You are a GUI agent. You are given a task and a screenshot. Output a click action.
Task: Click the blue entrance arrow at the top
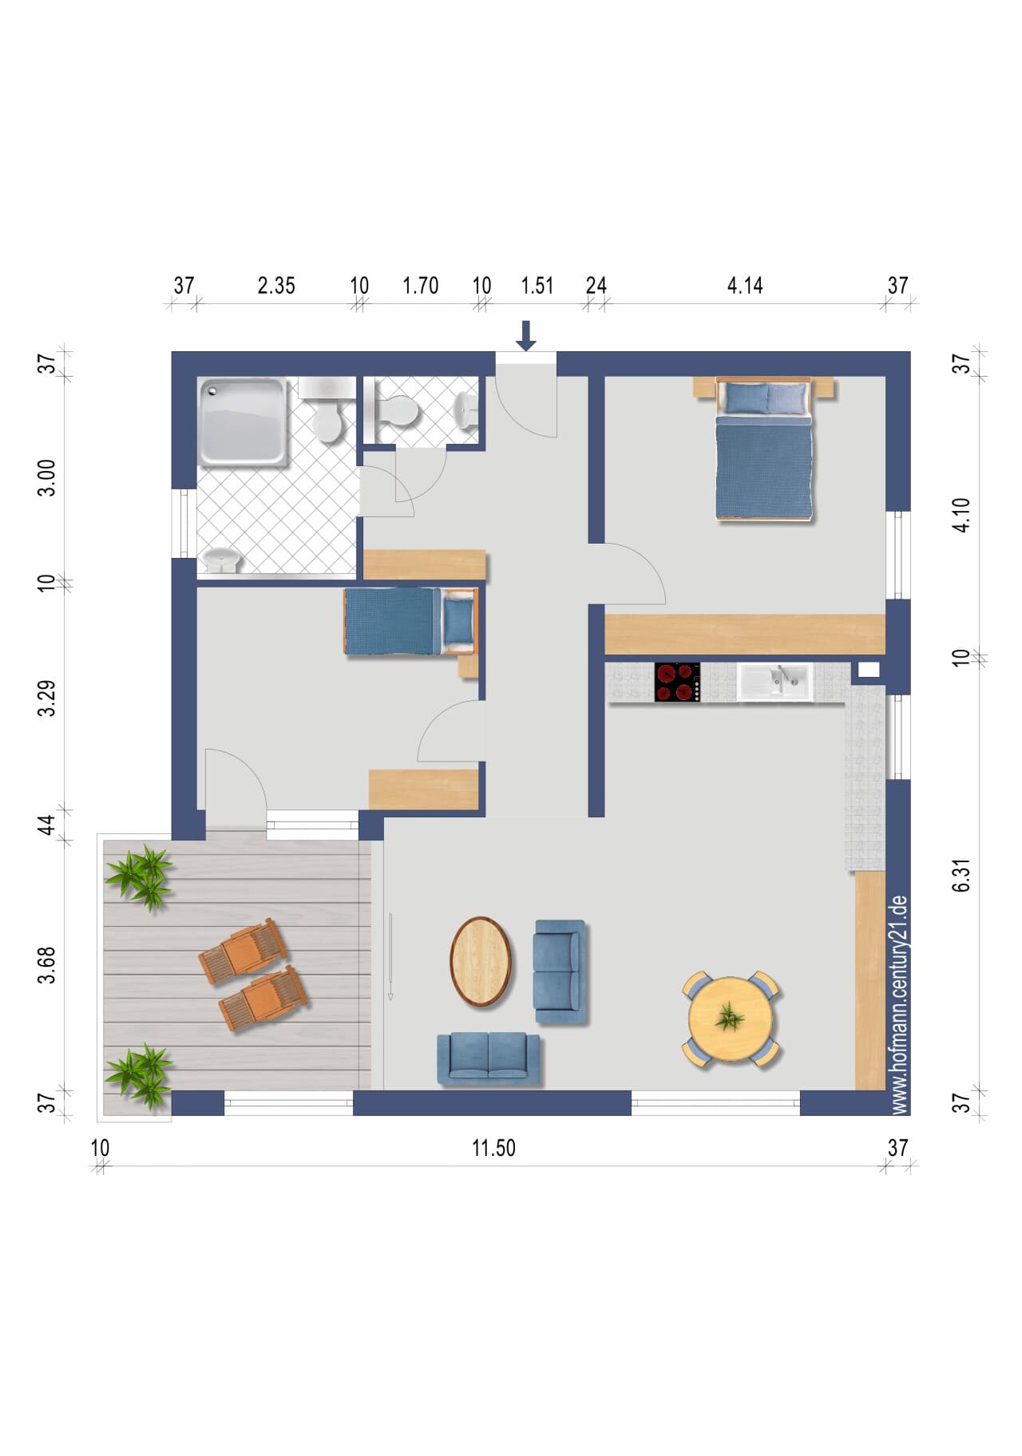point(525,335)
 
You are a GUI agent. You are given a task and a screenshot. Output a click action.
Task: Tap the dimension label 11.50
point(493,1148)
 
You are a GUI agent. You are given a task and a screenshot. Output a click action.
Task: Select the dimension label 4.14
point(744,285)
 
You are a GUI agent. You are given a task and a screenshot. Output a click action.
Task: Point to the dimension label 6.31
point(962,875)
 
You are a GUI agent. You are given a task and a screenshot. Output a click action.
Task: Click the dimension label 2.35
point(276,285)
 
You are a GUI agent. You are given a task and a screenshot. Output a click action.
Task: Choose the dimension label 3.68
point(47,964)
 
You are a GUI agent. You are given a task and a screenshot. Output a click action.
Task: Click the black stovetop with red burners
point(677,682)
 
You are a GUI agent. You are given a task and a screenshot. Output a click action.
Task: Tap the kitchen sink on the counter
point(774,682)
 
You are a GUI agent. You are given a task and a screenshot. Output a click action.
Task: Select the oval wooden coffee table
point(481,961)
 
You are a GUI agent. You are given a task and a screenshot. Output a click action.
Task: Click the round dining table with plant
point(731,1019)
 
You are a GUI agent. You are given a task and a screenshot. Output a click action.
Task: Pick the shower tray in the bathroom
point(243,421)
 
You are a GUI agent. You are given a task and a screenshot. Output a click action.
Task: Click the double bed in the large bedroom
point(765,449)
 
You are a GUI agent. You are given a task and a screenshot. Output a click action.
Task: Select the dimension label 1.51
point(537,285)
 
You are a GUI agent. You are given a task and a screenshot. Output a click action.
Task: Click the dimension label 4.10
point(962,515)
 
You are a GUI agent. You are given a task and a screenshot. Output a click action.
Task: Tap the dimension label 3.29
point(47,698)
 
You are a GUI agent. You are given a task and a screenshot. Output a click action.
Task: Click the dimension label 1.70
point(420,285)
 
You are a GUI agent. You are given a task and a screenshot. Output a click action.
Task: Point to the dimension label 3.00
point(47,477)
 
